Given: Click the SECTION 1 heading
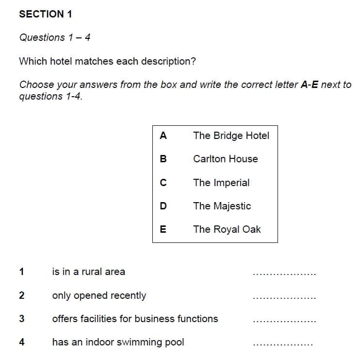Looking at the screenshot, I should click(x=46, y=14).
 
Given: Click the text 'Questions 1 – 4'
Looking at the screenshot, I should click(x=55, y=37).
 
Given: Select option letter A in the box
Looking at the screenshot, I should click(x=163, y=136).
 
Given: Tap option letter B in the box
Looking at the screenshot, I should click(x=163, y=159).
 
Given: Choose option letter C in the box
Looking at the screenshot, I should click(x=163, y=183).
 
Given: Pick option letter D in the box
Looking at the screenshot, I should click(x=163, y=206).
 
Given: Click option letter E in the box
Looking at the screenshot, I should click(x=163, y=229).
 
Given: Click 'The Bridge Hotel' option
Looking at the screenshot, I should click(x=231, y=136).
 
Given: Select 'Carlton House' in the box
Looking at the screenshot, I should click(x=225, y=159).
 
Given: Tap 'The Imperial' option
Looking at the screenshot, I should click(x=221, y=183).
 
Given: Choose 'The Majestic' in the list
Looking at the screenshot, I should click(x=222, y=206).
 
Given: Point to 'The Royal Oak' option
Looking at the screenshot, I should click(x=227, y=229).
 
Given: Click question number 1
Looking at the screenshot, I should click(x=21, y=272).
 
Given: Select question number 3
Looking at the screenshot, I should click(x=21, y=319).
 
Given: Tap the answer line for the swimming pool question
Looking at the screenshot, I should click(x=283, y=345).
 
